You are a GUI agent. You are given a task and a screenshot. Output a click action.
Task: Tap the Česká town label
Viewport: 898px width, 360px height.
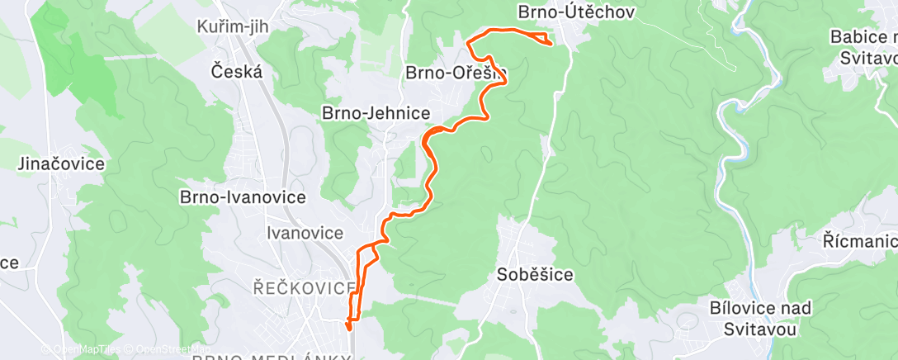tap(237, 71)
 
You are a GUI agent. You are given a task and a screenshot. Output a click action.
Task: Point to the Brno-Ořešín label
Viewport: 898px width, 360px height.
tap(454, 73)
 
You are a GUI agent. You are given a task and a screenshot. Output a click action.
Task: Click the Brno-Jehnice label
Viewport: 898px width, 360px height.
tap(380, 112)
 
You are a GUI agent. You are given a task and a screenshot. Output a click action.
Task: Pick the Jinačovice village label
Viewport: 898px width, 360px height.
tap(61, 163)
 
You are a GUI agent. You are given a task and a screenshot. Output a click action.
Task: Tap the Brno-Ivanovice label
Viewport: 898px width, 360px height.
tap(243, 198)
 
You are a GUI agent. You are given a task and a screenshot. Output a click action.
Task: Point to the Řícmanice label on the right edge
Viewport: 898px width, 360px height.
tap(860, 241)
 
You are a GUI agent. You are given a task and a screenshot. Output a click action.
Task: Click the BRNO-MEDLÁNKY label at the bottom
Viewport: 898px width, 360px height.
tap(272, 357)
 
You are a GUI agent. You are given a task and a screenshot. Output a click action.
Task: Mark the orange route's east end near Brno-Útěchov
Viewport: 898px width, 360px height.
tap(551, 43)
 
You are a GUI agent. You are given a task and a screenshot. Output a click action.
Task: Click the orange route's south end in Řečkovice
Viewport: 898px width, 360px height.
tap(351, 328)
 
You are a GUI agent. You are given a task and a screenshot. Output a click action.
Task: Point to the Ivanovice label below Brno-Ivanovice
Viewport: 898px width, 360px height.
tap(305, 234)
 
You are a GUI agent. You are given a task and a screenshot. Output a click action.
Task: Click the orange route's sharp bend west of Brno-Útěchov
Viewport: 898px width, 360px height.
tap(468, 41)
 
